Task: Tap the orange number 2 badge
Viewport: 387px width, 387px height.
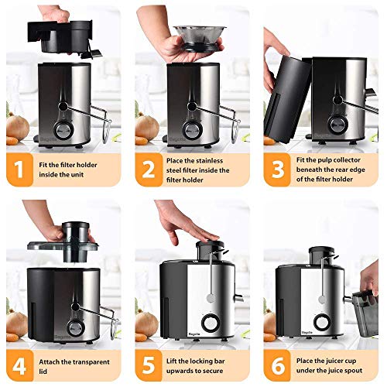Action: pos(147,169)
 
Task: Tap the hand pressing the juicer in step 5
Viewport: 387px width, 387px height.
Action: pos(182,224)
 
